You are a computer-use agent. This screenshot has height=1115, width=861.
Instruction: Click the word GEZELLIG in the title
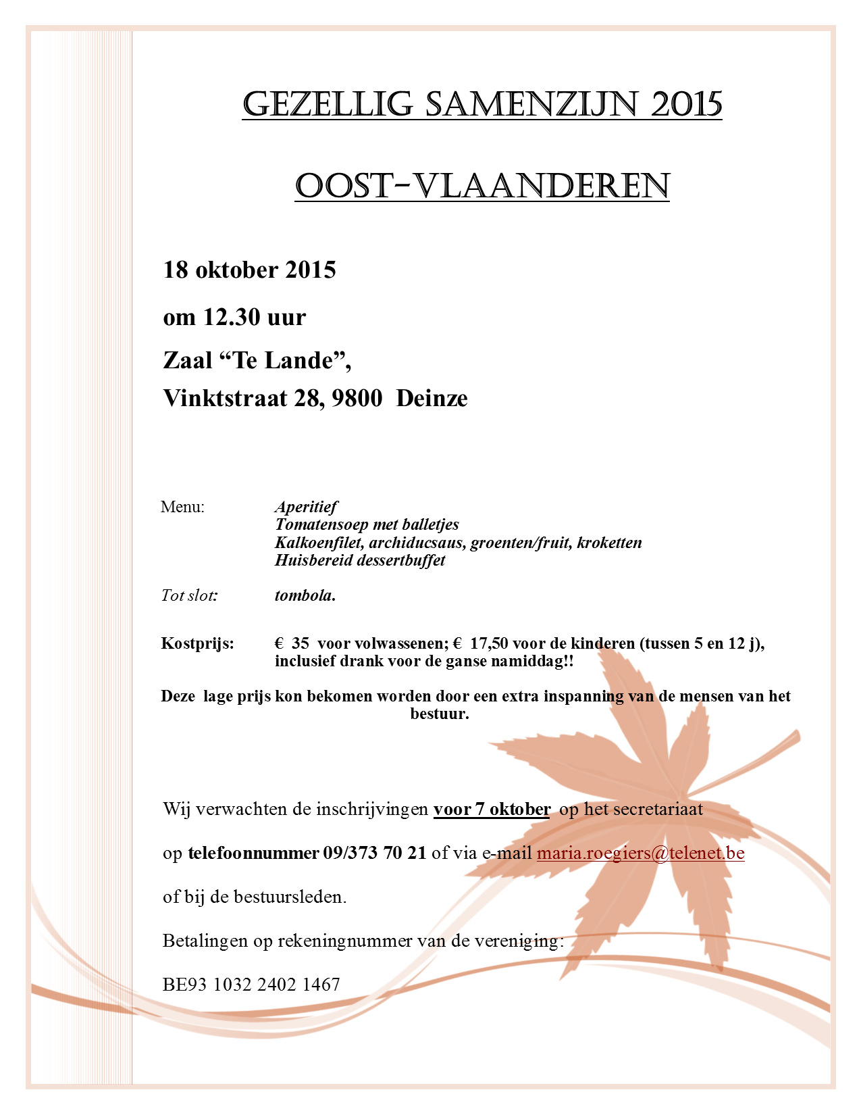(x=328, y=105)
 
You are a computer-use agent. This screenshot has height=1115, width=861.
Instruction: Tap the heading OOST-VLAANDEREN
(x=482, y=186)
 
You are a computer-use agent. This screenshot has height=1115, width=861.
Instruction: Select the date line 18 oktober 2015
(x=249, y=270)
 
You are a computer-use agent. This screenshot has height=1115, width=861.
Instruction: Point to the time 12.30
(x=232, y=316)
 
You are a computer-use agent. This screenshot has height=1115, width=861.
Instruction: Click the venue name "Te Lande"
(x=284, y=360)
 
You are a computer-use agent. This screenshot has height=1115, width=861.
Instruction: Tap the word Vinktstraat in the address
(x=225, y=398)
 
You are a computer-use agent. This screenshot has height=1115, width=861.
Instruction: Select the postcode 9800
(x=357, y=398)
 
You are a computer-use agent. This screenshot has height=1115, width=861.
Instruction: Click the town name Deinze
(x=432, y=398)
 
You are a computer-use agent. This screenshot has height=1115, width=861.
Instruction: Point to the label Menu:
(x=182, y=507)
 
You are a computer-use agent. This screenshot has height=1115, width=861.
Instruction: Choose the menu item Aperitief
(x=306, y=507)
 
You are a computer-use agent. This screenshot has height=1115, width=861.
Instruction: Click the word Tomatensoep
(x=321, y=524)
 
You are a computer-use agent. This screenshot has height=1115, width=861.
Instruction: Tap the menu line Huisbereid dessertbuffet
(x=360, y=560)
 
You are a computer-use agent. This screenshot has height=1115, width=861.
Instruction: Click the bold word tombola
(x=305, y=595)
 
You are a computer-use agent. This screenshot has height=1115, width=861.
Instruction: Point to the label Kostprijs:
(x=197, y=643)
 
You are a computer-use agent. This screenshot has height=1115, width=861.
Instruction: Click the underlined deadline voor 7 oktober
(x=492, y=809)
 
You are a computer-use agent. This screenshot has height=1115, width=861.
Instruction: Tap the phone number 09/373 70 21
(x=375, y=853)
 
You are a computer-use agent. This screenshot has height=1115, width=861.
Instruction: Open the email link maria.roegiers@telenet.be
(x=640, y=853)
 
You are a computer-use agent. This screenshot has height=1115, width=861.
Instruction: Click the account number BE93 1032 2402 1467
(x=251, y=984)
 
